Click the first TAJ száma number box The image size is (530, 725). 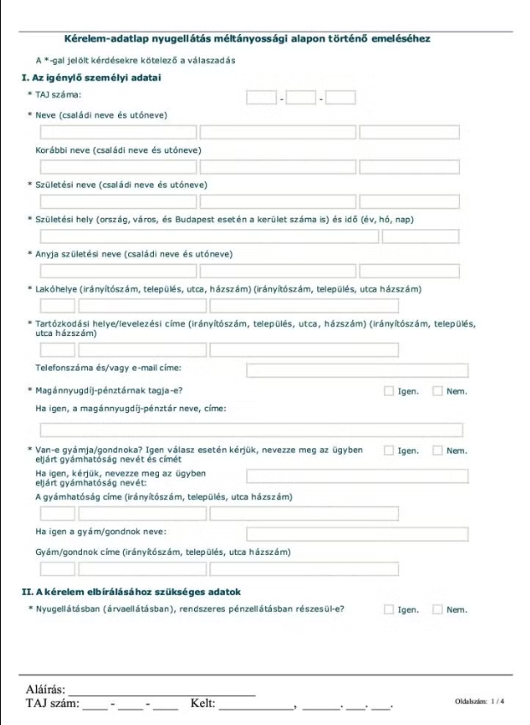point(262,97)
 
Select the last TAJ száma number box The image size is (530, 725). point(340,97)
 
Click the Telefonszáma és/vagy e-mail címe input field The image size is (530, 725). point(357,370)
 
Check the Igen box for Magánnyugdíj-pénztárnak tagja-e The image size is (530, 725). point(389,392)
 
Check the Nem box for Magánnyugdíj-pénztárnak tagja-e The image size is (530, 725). point(438,392)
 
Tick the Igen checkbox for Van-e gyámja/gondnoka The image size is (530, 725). point(389,451)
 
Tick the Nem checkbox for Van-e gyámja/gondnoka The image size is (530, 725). point(438,451)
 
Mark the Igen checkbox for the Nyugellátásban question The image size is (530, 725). point(389,610)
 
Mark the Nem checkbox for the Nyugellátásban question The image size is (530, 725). point(438,610)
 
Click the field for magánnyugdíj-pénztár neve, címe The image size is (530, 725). point(251,430)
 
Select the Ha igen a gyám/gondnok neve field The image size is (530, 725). point(357,534)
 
